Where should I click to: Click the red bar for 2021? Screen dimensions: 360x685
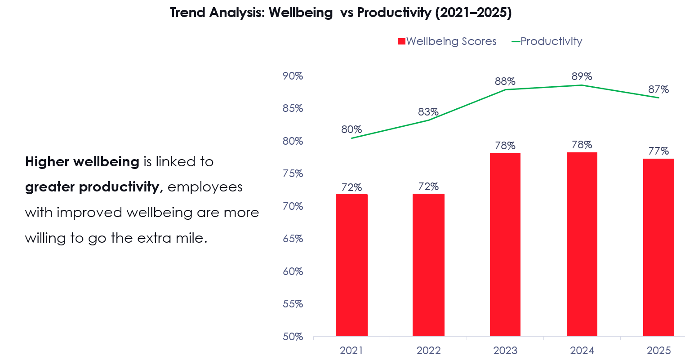(x=351, y=265)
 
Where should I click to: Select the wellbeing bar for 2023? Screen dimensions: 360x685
(x=505, y=245)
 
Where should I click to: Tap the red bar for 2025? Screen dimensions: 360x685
(x=658, y=247)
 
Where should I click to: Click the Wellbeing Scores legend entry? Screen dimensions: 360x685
(x=447, y=41)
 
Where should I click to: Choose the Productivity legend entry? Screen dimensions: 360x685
(x=547, y=41)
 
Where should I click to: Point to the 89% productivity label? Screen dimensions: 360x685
(x=582, y=76)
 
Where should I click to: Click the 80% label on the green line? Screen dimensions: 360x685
(x=351, y=129)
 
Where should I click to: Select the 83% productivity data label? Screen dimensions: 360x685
(x=428, y=112)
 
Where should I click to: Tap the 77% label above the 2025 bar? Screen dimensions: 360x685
(x=658, y=151)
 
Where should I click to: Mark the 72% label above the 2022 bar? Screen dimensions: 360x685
(x=428, y=187)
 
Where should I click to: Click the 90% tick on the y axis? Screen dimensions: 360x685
(x=293, y=76)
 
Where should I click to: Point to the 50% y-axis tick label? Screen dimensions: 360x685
(x=293, y=337)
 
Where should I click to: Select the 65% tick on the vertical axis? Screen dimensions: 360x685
(x=293, y=239)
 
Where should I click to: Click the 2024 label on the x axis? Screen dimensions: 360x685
(x=582, y=351)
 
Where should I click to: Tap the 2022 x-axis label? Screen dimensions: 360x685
(x=428, y=351)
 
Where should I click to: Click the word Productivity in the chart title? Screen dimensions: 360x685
(x=394, y=13)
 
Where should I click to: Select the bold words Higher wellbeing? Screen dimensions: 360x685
(x=82, y=162)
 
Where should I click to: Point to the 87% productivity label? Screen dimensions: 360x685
(x=658, y=89)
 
